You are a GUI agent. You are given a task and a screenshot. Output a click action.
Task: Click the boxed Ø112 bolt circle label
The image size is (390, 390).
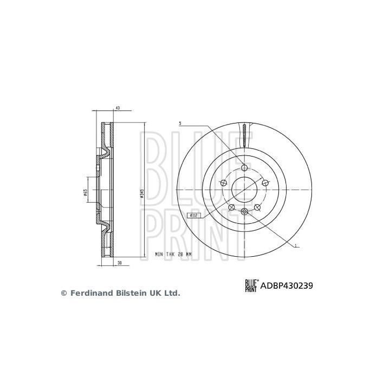tap(194, 215)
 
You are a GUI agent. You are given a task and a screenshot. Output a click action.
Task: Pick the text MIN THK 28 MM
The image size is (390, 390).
tap(173, 253)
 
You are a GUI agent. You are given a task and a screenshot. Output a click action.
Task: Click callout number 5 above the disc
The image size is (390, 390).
tap(180, 125)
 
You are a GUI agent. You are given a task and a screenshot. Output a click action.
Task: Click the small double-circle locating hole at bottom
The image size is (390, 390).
tap(244, 211)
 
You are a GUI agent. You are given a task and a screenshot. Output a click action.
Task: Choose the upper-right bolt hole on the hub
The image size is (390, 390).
tap(265, 183)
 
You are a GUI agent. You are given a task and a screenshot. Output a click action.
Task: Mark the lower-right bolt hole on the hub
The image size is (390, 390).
tap(257, 207)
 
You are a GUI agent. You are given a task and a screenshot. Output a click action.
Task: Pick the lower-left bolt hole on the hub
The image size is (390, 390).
tap(231, 207)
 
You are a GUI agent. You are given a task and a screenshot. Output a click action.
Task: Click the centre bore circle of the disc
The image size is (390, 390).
tap(244, 190)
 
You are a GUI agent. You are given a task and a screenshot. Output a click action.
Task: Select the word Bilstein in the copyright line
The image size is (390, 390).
tap(129, 293)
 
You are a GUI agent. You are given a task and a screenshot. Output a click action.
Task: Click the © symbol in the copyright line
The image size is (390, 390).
tap(63, 293)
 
